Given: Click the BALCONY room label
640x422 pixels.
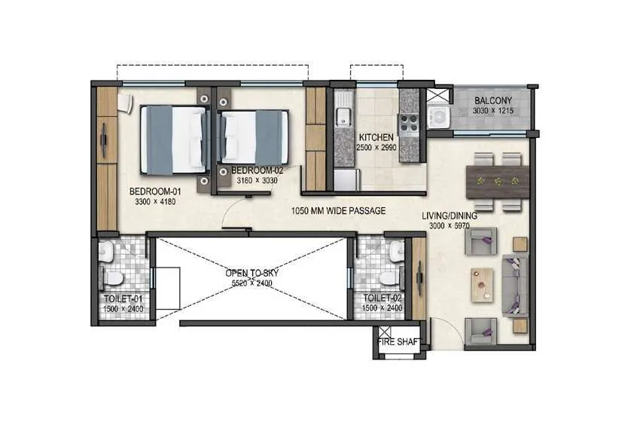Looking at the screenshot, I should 493,101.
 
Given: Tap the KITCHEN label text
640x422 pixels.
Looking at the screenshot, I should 376,137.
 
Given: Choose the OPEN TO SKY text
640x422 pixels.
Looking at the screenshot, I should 251,273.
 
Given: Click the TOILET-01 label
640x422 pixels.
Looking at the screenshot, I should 123,299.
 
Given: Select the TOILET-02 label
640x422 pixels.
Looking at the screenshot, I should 382,299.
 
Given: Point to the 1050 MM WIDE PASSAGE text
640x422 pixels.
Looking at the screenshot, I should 338,212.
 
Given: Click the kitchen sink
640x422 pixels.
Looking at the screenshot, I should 343,117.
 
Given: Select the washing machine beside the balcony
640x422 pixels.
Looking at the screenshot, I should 437,117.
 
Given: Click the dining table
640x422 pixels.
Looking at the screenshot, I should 498,182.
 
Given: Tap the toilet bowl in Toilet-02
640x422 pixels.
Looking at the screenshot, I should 389,277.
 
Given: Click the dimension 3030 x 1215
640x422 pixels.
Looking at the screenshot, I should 492,111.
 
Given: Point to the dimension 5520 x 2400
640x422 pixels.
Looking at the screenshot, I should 251,283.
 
